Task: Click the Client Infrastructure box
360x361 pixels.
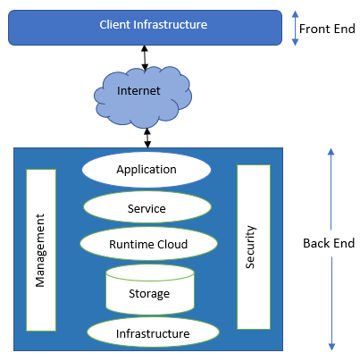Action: [x=145, y=28]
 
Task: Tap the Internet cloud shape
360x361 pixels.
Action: [x=143, y=97]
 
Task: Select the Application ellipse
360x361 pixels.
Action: [x=147, y=170]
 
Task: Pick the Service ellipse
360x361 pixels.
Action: [x=147, y=207]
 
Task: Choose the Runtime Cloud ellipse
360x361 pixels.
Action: [x=148, y=243]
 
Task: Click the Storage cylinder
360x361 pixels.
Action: [x=150, y=290]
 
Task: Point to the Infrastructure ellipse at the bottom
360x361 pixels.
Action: [x=153, y=332]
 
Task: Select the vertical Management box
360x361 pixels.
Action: [x=41, y=250]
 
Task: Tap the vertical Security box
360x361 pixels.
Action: [x=254, y=247]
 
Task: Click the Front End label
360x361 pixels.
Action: [x=327, y=29]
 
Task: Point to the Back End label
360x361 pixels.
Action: [x=329, y=243]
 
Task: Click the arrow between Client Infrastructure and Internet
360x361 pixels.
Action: [x=145, y=58]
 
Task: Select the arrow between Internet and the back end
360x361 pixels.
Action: [x=147, y=138]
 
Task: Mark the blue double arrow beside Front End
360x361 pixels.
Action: [x=295, y=28]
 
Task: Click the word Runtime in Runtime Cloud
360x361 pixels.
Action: [x=131, y=244]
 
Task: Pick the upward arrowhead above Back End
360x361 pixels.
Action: [x=331, y=152]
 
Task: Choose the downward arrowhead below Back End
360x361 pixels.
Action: [x=331, y=347]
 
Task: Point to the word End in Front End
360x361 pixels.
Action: [x=345, y=29]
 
